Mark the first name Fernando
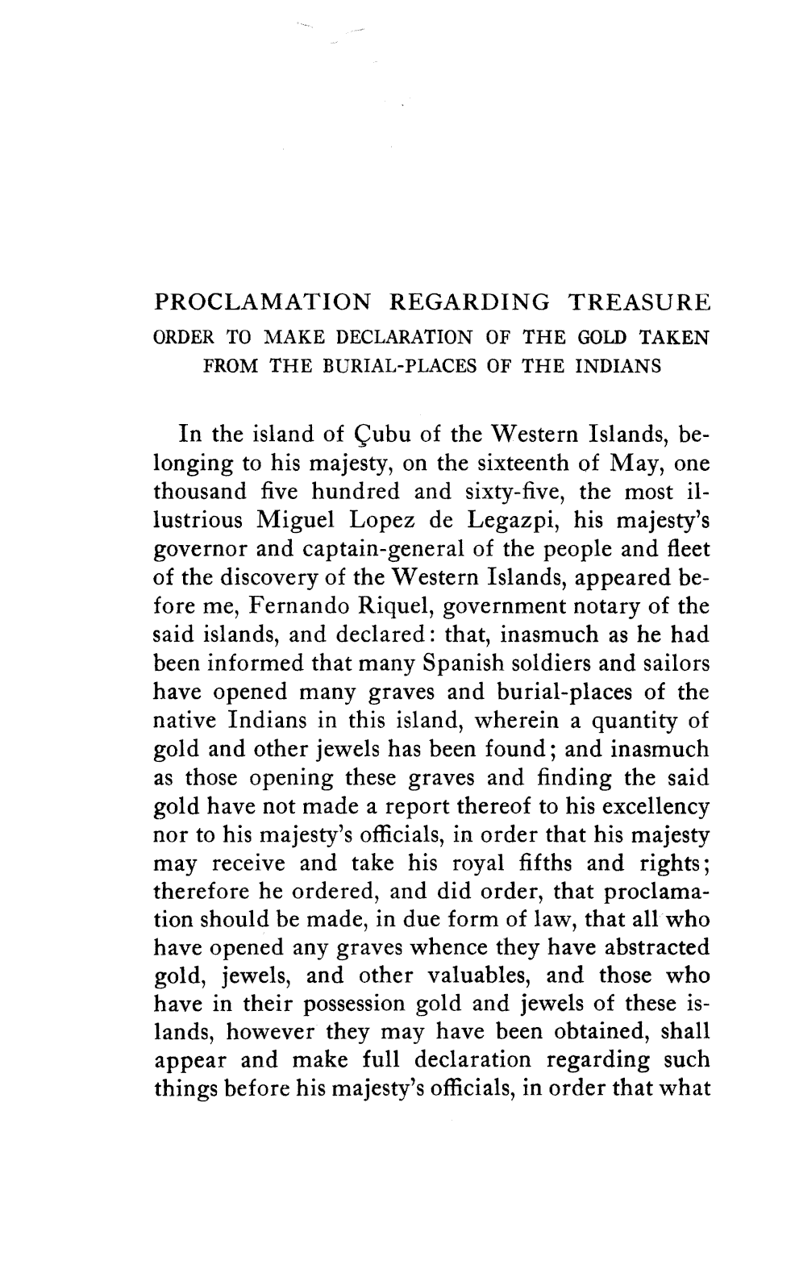pos(281,606)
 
